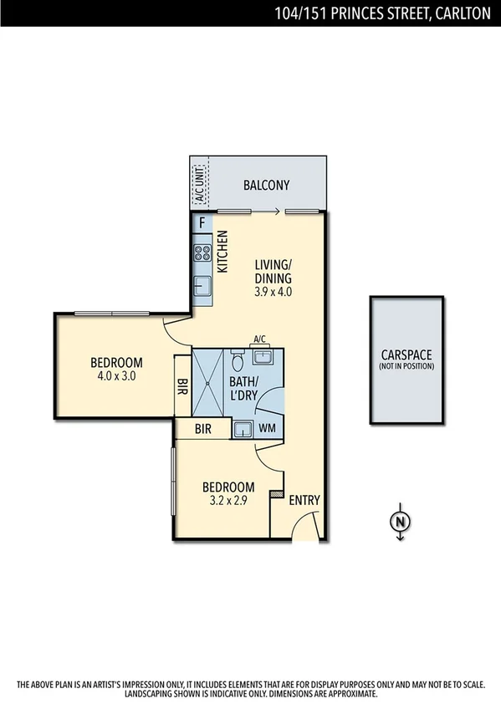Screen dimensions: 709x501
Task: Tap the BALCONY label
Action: pos(266,186)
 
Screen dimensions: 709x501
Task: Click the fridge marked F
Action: pos(202,223)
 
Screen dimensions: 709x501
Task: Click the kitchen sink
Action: pos(202,287)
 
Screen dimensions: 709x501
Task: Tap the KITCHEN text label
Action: pos(222,252)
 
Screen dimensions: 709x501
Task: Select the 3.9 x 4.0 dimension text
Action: pos(274,292)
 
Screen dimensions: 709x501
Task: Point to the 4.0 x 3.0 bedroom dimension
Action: pos(116,376)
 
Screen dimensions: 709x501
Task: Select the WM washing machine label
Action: pos(268,429)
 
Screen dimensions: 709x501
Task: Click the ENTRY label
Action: pos(304,500)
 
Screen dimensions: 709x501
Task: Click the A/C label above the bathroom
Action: pos(259,339)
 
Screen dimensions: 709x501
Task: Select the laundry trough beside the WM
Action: pos(243,430)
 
